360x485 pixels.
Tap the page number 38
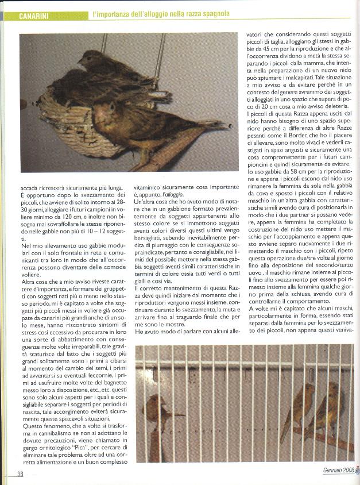[20, 474]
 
